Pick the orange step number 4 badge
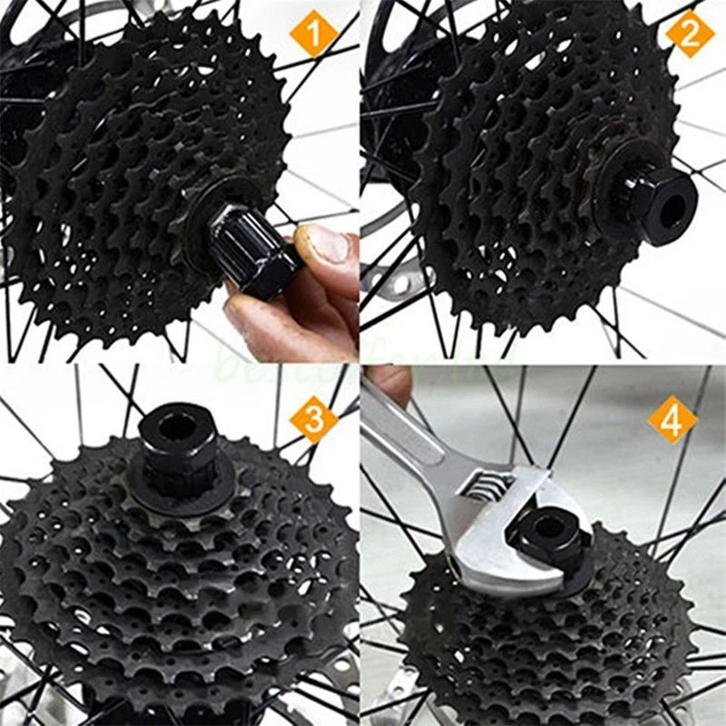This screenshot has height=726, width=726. tap(672, 419)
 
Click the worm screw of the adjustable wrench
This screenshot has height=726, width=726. tap(479, 486)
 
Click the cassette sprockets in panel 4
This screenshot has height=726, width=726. tap(544, 644)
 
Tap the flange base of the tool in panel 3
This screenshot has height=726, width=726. tap(172, 472)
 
